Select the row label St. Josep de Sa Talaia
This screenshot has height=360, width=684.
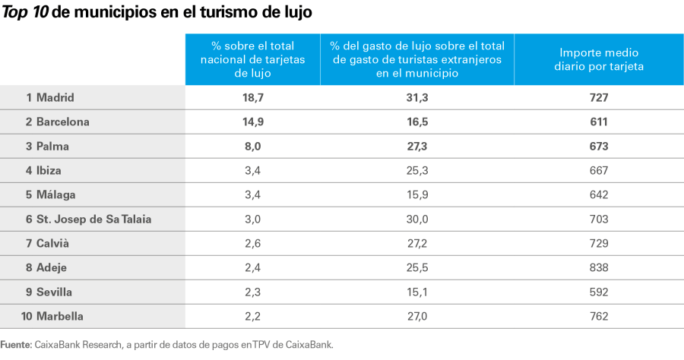point(88,219)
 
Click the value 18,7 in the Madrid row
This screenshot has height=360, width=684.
point(252,97)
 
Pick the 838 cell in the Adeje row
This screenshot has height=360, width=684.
point(599,267)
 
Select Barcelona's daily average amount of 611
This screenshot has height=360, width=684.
point(599,122)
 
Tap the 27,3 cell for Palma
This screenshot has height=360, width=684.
point(417,146)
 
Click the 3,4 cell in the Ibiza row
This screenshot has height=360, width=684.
point(252,170)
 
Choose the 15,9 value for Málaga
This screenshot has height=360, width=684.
point(417,194)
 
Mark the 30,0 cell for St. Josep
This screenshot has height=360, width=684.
point(417,219)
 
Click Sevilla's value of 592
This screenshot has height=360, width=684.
point(599,292)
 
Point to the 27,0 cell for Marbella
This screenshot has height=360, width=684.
point(417,316)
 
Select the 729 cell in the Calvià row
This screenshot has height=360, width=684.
point(599,243)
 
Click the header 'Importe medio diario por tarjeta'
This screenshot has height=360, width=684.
point(599,59)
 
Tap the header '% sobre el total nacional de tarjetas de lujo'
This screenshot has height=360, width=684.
point(252,59)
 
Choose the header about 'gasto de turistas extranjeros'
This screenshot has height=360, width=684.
point(417,59)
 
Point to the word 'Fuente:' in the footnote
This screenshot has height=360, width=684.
point(16,344)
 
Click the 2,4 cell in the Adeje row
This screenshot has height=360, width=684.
point(252,267)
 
